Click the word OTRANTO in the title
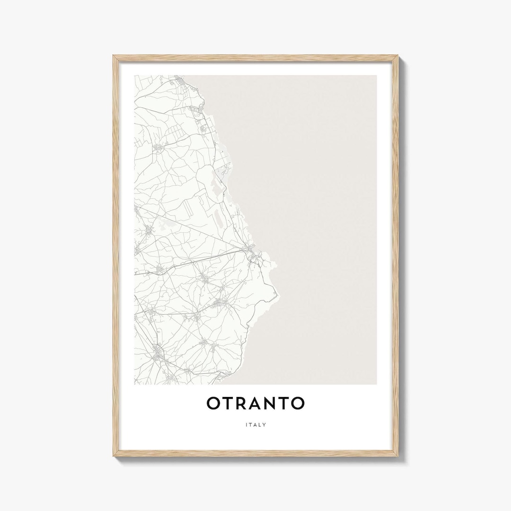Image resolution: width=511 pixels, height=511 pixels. [255, 404]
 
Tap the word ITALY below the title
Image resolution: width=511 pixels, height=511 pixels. [256, 424]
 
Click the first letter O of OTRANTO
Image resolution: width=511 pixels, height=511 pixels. [213, 404]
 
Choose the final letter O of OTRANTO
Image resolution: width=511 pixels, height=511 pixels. [298, 404]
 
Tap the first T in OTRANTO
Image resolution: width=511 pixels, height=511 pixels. [223, 404]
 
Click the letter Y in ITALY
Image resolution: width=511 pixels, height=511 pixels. [265, 424]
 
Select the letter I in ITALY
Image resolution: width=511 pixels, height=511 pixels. [247, 424]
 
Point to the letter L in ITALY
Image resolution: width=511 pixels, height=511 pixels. [260, 424]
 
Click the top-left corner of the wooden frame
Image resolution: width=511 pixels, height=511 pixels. [114, 56]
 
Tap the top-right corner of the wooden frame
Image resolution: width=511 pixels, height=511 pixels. [398, 56]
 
